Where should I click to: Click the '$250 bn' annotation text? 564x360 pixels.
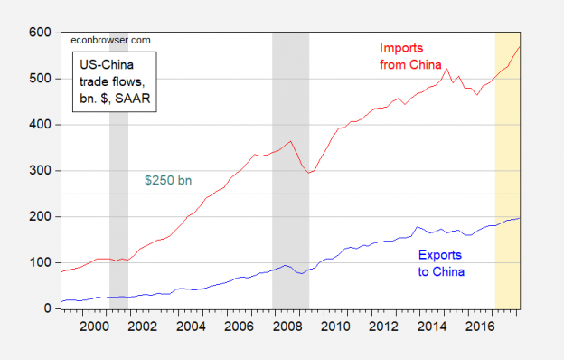168,181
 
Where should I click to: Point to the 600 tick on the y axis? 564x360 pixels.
40,32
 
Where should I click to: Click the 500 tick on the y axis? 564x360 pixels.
40,78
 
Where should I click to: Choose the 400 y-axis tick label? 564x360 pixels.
40,124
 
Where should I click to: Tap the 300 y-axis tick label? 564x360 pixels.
40,170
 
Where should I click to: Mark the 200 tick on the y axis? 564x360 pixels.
40,216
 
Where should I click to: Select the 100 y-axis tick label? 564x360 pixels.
40,262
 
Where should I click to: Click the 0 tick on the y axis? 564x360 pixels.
46,308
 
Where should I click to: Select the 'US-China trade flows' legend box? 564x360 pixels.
114,81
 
